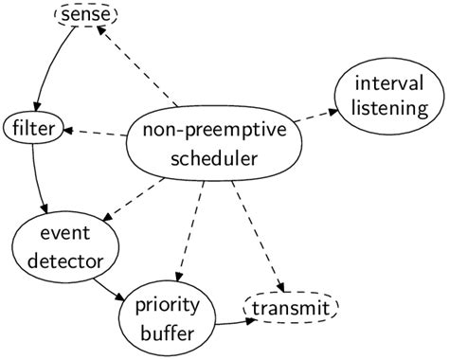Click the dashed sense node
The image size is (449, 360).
point(85,15)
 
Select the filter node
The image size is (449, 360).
point(33,127)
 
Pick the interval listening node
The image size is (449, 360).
point(388,95)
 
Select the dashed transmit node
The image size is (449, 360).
point(291,308)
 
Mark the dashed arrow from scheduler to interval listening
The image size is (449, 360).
point(316,117)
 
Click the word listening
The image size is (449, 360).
point(389,108)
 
